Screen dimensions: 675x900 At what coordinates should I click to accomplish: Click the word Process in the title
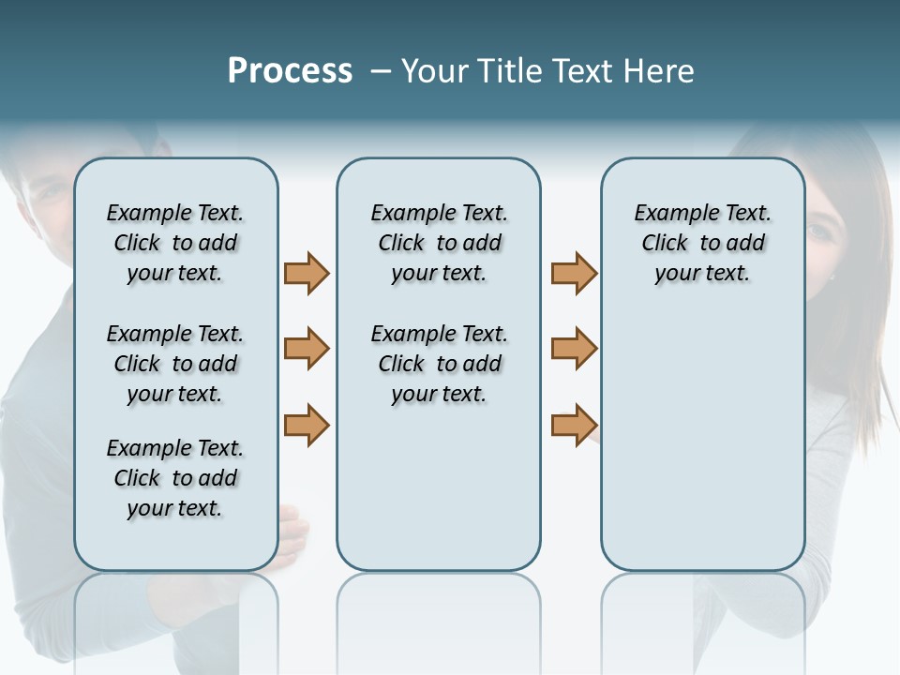click(x=290, y=71)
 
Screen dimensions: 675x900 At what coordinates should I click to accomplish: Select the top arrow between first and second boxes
click(x=307, y=273)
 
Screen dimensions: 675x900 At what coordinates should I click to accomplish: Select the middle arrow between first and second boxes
click(x=307, y=349)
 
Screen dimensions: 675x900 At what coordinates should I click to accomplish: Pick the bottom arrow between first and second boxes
click(x=307, y=425)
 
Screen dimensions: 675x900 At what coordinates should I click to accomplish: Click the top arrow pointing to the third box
click(x=574, y=273)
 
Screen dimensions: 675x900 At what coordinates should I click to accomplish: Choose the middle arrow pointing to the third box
click(x=574, y=349)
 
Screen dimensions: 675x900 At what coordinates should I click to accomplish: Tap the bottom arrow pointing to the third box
click(x=574, y=425)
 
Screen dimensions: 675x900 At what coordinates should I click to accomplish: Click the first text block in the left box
click(x=175, y=243)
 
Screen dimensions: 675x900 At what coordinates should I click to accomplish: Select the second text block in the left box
click(x=175, y=364)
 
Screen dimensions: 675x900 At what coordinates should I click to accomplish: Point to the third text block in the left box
click(x=175, y=478)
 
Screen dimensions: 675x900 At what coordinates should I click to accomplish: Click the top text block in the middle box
click(x=439, y=243)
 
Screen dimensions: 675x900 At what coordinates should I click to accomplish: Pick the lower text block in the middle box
click(x=439, y=364)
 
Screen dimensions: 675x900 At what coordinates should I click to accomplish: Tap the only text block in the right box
click(x=703, y=243)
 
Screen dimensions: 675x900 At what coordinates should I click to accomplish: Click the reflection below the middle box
click(x=439, y=619)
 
